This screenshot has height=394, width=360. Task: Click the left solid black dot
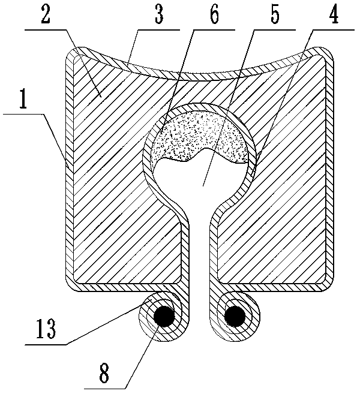163,315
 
